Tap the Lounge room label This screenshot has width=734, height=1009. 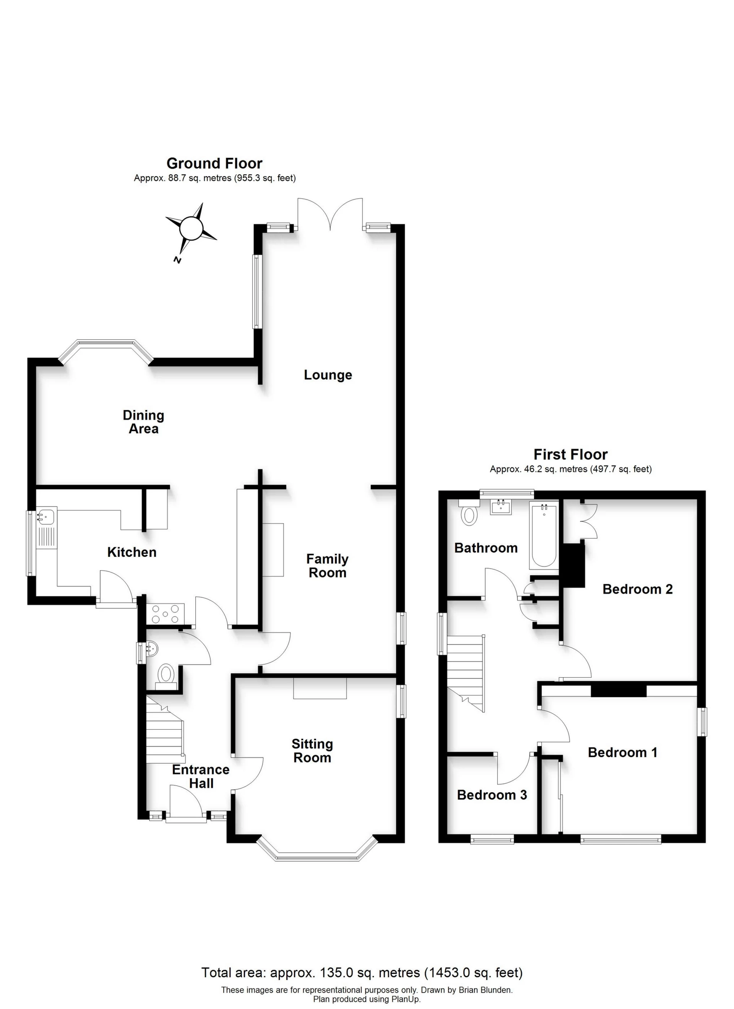click(328, 375)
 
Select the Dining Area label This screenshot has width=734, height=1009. click(143, 422)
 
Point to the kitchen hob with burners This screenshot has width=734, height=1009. click(165, 615)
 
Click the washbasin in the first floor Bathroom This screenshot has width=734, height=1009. click(501, 506)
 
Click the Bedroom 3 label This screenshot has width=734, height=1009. click(492, 795)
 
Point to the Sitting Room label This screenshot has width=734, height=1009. click(312, 751)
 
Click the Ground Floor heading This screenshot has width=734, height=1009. click(214, 163)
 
